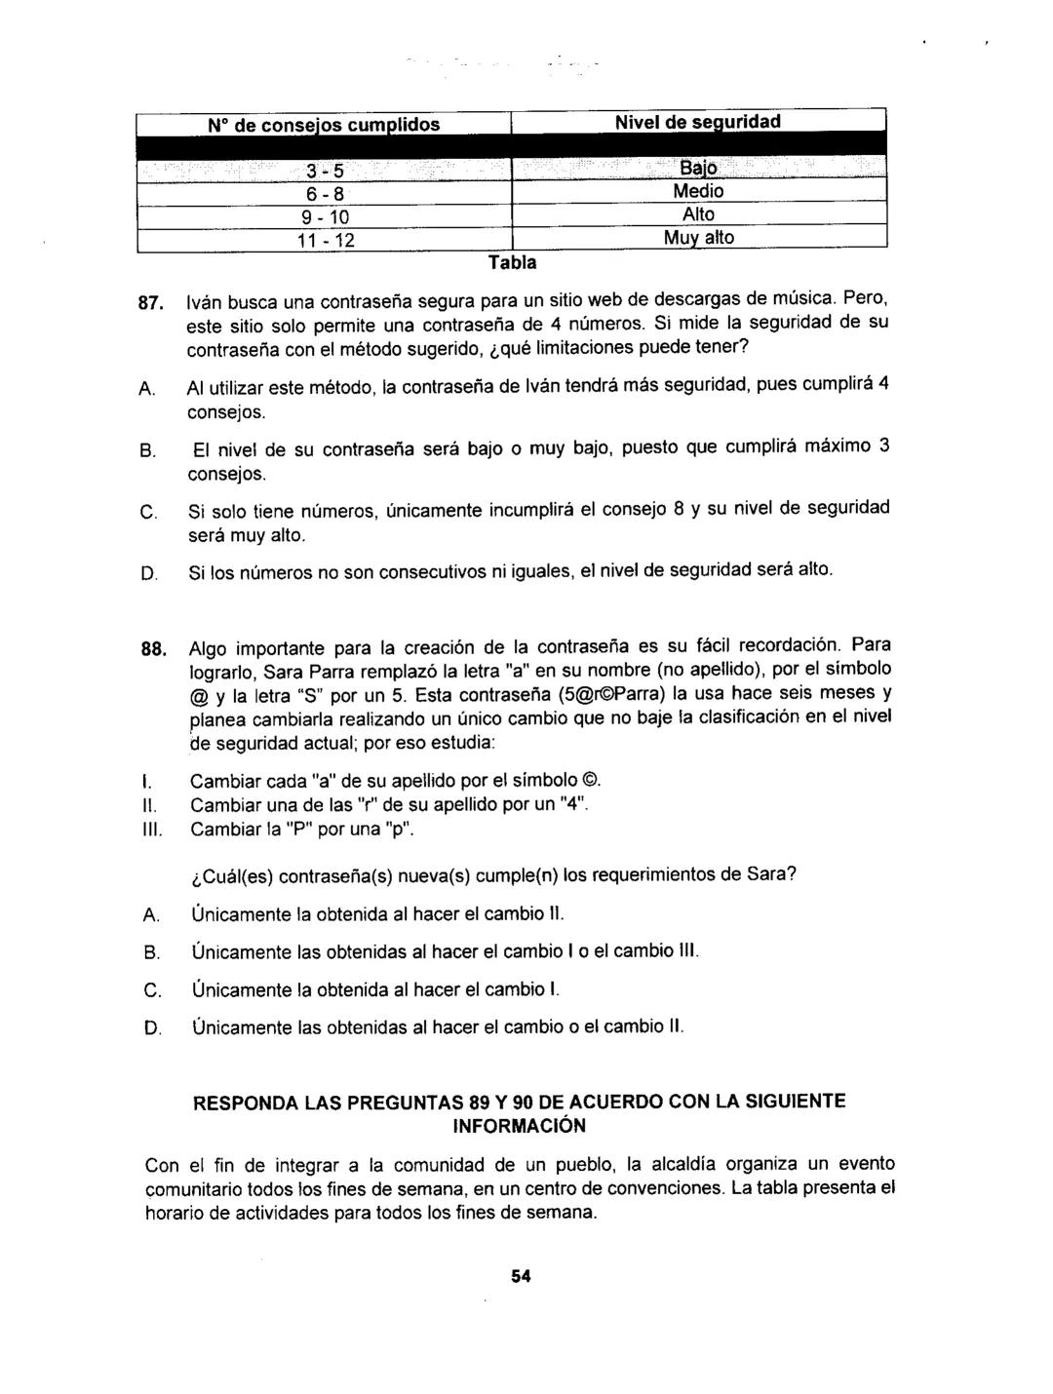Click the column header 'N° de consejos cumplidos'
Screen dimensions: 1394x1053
point(324,124)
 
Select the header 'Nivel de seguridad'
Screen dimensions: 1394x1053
point(698,122)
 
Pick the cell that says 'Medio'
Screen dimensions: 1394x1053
point(698,192)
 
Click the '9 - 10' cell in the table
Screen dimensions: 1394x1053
point(322,214)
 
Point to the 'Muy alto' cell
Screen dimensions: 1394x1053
point(698,237)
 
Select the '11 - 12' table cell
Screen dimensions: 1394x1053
point(322,238)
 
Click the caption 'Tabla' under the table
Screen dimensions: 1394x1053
point(513,262)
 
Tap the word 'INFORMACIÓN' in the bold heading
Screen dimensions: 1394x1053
point(520,1126)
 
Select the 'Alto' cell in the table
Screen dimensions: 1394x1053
point(698,214)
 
